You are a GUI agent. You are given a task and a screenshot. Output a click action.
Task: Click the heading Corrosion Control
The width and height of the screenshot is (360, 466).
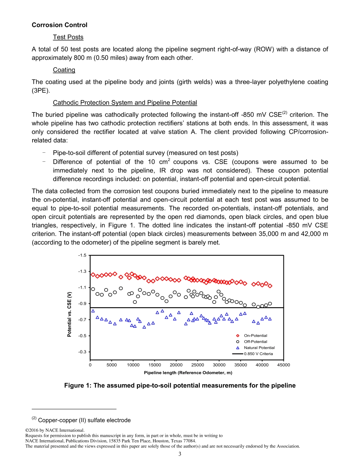pos(59,25)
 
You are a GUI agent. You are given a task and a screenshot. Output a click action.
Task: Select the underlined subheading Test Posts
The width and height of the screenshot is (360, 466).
pos(68,37)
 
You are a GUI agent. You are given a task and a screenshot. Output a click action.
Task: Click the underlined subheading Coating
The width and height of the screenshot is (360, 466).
pos(64,70)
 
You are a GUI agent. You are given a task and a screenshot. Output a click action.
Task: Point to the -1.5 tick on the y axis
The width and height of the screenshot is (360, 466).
pos(82,255)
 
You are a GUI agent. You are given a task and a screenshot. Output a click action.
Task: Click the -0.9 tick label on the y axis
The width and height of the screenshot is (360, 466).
pos(82,304)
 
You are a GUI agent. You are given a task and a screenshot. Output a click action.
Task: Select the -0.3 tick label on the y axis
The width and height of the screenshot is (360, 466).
pos(82,352)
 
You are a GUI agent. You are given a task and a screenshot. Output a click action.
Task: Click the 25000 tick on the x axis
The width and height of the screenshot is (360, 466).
pos(197,365)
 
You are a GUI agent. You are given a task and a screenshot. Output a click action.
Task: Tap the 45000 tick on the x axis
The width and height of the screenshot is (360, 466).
pos(283,365)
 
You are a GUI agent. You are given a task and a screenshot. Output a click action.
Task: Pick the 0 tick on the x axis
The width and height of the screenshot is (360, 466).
pos(90,365)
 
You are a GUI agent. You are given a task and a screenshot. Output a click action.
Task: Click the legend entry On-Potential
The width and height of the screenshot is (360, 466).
pos(255,336)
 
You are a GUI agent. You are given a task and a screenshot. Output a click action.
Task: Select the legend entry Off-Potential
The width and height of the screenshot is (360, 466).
pos(255,342)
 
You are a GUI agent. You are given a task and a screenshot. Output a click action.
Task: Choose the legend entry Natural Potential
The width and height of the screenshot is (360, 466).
pos(259,348)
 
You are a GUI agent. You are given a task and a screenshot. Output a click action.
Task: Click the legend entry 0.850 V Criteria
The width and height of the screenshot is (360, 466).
pos(258,354)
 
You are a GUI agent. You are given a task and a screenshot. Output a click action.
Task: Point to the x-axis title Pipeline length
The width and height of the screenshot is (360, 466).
pos(188,373)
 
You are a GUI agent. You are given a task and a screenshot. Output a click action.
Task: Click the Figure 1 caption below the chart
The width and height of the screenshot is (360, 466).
pos(180,386)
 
